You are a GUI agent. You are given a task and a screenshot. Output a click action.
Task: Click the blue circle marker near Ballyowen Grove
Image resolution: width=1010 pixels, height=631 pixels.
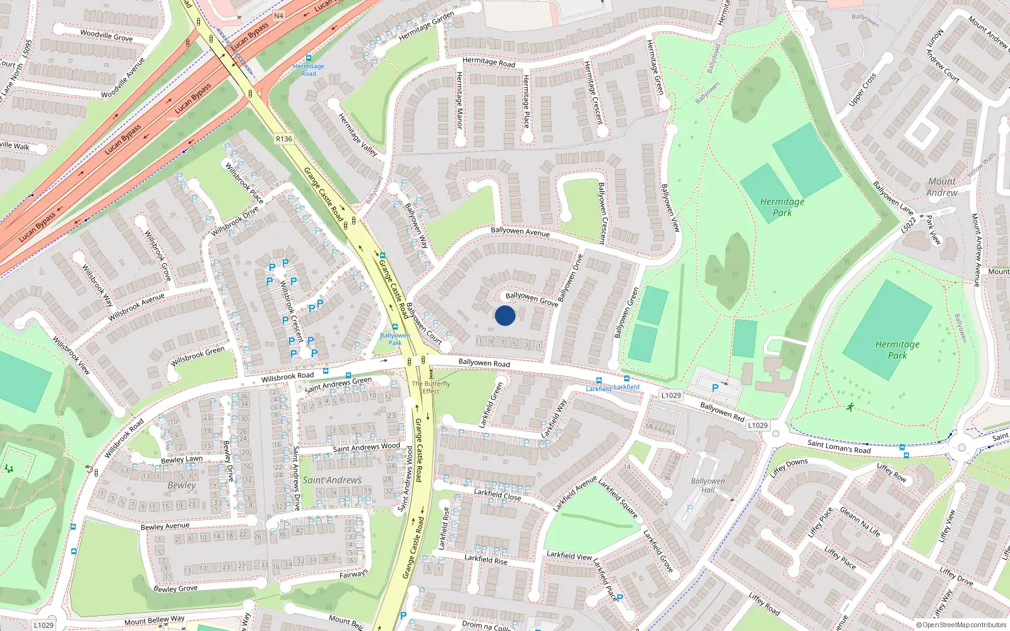(x=505, y=315)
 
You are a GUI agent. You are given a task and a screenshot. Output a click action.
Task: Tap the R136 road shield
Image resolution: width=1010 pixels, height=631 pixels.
(x=284, y=139)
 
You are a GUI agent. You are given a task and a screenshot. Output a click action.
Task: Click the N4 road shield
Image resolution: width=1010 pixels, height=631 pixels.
(x=279, y=16)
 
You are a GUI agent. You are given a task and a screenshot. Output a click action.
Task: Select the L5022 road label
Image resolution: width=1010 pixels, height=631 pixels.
(x=909, y=225)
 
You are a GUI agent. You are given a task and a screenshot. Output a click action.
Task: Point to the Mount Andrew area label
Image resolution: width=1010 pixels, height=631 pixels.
(x=942, y=187)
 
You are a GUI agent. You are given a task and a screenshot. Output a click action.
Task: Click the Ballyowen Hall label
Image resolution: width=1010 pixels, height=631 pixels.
(x=708, y=485)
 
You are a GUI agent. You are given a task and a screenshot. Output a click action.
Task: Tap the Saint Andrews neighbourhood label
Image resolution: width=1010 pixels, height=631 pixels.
(x=332, y=480)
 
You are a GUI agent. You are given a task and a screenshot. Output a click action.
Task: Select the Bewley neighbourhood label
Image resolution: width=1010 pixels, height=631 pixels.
(x=182, y=485)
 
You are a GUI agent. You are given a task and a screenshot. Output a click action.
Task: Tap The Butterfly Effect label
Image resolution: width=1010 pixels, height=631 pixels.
(x=431, y=387)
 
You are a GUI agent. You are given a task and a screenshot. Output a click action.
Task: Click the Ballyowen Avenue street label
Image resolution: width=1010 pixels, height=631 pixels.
(x=520, y=232)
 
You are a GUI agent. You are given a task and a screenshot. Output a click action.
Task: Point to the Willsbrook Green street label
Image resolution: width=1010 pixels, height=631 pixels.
(x=198, y=357)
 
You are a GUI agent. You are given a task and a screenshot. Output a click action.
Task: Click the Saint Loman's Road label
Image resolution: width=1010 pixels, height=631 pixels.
(x=839, y=447)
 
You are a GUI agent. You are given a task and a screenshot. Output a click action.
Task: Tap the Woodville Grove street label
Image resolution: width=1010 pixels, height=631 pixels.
(x=106, y=35)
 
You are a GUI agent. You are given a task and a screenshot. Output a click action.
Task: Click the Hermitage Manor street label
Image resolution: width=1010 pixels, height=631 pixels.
(x=459, y=100)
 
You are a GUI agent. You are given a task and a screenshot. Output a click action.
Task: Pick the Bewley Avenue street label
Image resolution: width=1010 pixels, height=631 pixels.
(x=165, y=526)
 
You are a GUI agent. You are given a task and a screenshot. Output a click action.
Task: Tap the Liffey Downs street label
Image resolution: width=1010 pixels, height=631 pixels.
(x=789, y=468)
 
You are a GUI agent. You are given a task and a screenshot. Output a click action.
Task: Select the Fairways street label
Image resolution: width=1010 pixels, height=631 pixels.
(x=353, y=574)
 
